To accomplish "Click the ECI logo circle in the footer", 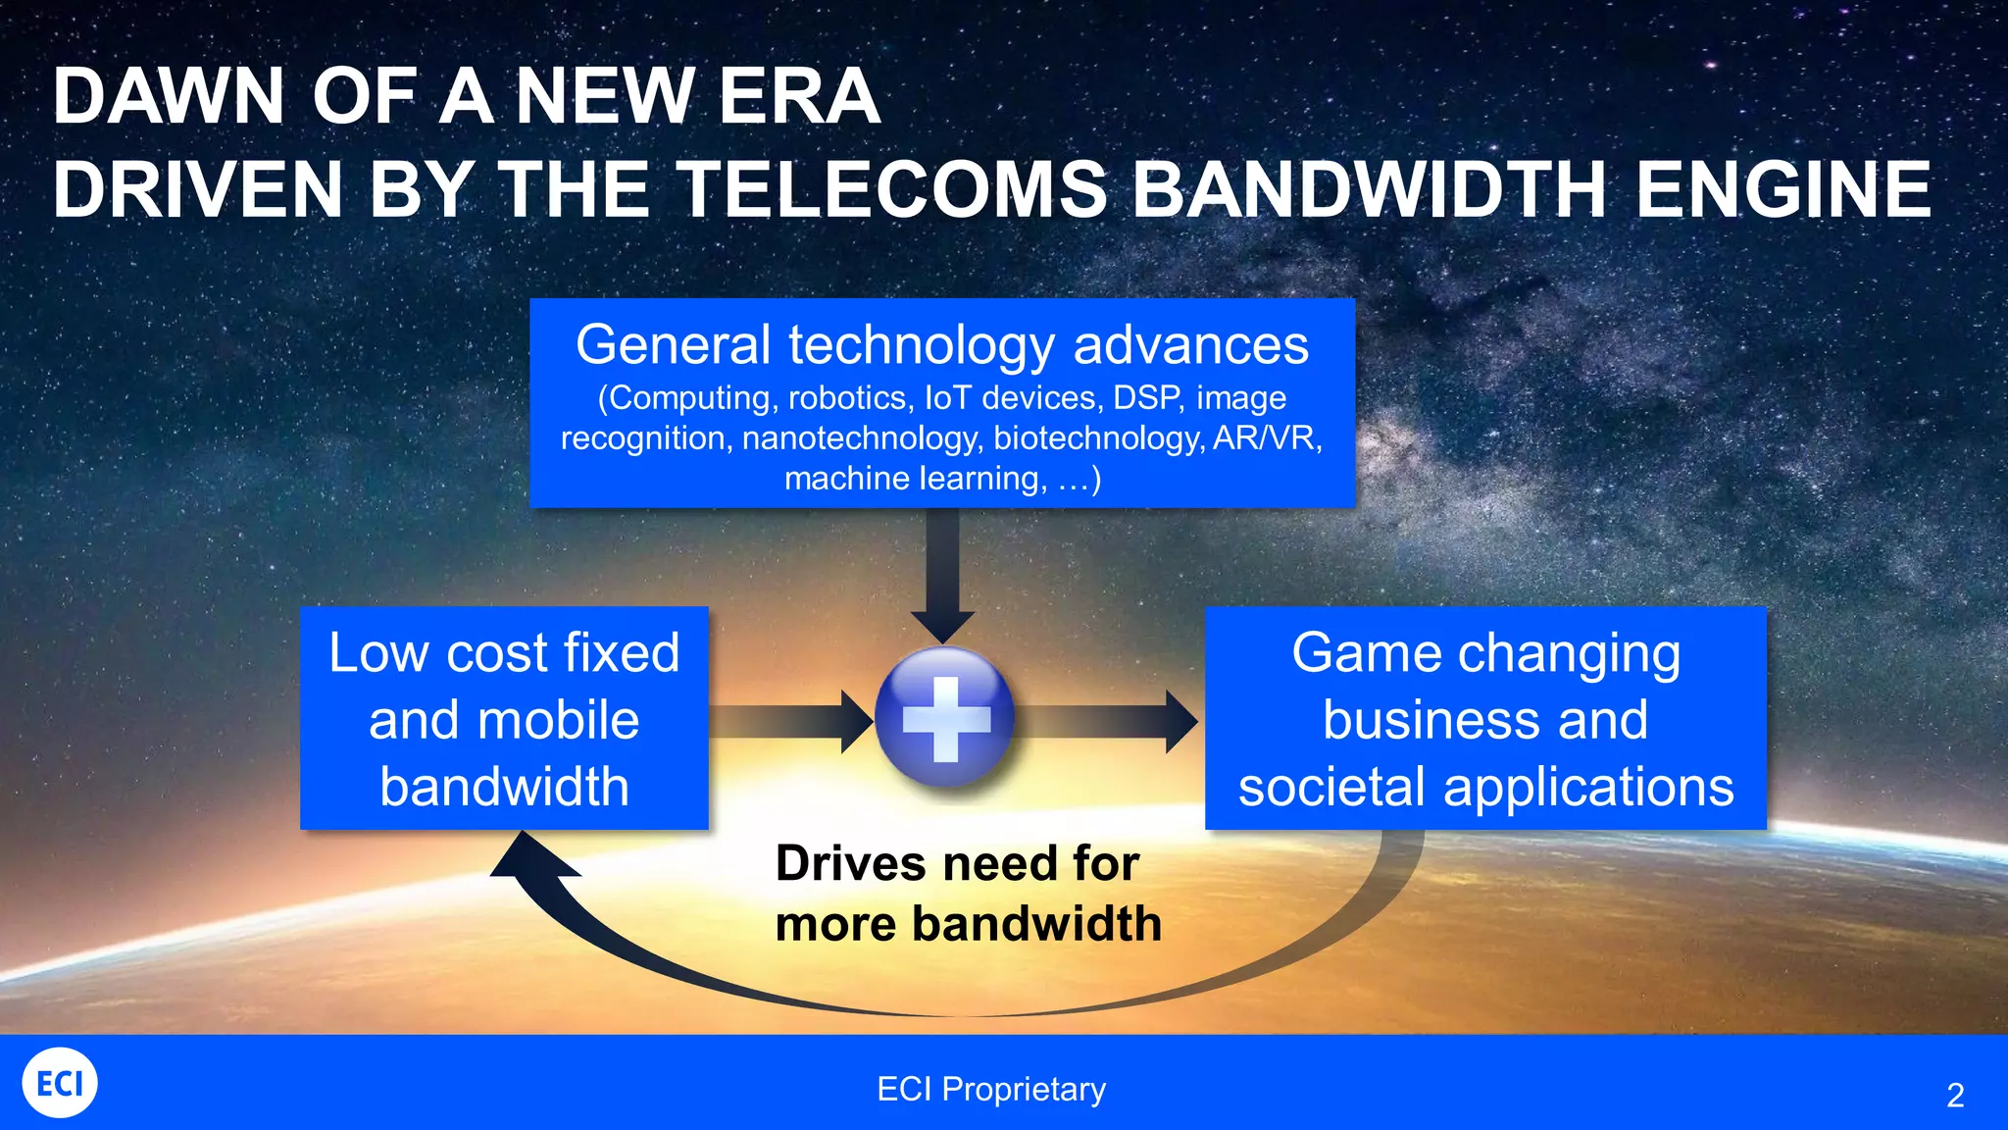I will [x=60, y=1083].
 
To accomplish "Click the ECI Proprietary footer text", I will [x=991, y=1089].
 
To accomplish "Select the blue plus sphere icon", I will [x=944, y=718].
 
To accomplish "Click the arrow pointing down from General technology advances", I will [x=942, y=574].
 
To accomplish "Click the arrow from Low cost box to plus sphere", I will [x=789, y=722].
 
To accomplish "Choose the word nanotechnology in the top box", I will [x=862, y=437].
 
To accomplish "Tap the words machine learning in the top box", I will [x=914, y=479].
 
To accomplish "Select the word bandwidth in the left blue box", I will [x=504, y=787].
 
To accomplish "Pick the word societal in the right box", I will [x=1330, y=787].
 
